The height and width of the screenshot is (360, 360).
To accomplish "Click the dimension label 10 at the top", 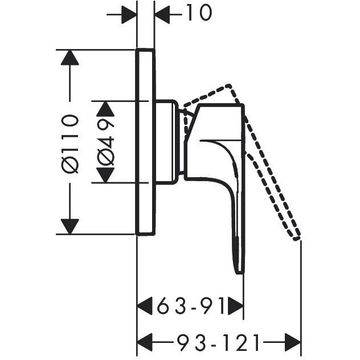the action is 199,13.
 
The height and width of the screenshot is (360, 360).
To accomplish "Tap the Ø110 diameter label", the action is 70,144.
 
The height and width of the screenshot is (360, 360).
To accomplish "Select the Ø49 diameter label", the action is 105,142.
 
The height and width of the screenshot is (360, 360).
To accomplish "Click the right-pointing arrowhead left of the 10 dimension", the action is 129,14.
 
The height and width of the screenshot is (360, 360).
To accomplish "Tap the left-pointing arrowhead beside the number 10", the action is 162,14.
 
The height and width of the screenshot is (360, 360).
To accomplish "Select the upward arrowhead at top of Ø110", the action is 70,58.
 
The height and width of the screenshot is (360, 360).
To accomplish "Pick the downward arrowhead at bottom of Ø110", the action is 70,227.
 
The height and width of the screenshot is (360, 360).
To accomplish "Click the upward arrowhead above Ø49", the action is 105,109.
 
